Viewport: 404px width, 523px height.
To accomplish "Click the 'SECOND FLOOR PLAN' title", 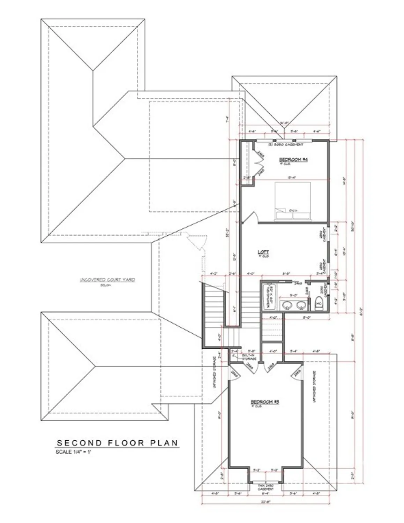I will pos(117,443).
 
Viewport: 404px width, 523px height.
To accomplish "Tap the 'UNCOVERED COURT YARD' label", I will pos(107,280).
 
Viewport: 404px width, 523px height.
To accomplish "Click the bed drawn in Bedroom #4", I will pos(292,202).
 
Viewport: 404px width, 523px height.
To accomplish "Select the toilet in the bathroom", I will pos(319,303).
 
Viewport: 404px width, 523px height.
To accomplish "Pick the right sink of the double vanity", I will pos(301,305).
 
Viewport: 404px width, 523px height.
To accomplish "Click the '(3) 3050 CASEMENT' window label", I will pos(285,144).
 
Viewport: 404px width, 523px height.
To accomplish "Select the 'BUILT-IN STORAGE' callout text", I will pos(249,357).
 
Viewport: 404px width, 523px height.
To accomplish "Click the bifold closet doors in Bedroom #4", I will pos(259,162).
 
